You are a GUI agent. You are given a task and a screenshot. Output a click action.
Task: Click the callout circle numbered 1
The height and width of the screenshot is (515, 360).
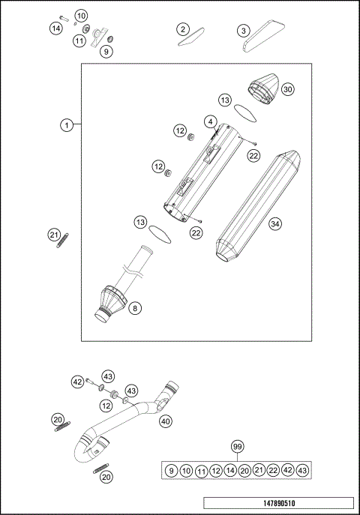coord(67,125)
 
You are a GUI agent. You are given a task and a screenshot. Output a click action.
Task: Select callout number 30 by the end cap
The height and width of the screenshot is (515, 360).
coord(287,88)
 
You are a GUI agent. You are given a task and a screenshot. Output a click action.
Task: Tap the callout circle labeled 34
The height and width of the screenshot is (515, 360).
coord(275,223)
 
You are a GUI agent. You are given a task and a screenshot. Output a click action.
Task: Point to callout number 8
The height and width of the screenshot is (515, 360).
coord(134,307)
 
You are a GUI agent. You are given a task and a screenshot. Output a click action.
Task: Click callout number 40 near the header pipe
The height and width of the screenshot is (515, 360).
coord(165,421)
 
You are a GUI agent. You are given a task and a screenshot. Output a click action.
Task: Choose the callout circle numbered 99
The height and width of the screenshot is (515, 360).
coord(237,447)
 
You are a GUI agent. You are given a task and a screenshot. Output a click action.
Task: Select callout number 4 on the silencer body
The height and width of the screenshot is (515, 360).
coord(211,121)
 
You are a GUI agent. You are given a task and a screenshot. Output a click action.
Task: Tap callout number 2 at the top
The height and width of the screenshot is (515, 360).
coord(183,29)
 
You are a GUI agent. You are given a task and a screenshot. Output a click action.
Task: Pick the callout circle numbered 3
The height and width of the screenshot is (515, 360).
coord(243,30)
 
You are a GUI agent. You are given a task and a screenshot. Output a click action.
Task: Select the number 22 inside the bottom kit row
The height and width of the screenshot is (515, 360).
coord(273,470)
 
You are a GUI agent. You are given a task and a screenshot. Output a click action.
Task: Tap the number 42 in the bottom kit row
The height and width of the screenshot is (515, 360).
coord(287,470)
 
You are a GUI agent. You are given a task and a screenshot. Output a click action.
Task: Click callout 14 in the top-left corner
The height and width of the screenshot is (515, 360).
coord(56,28)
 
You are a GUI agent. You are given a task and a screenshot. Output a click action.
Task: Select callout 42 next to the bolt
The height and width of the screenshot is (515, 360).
coord(76,382)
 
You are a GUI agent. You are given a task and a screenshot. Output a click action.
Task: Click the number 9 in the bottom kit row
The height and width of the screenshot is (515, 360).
coord(172,470)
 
